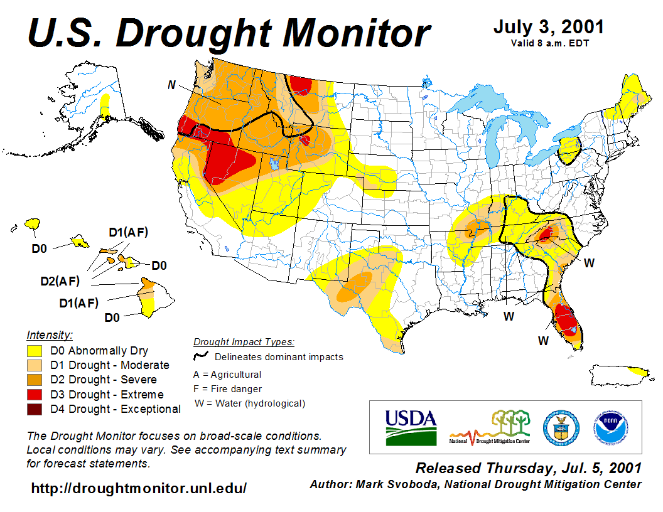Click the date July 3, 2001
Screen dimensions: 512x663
[x=548, y=27]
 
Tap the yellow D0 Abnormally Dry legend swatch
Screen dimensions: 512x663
[x=33, y=351]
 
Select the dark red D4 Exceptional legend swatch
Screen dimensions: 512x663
[x=33, y=409]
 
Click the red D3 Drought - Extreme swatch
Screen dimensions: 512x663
[x=33, y=395]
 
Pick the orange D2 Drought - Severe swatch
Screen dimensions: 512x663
[x=33, y=380]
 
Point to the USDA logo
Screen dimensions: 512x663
[x=411, y=427]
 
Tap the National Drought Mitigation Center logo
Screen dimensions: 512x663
[x=490, y=428]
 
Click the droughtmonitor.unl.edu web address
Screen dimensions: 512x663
[x=139, y=488]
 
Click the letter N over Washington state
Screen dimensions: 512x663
[x=171, y=85]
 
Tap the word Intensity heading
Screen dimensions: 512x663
[x=50, y=334]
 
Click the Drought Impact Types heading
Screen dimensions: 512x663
[x=244, y=342]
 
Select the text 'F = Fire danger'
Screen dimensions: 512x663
[x=227, y=389]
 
